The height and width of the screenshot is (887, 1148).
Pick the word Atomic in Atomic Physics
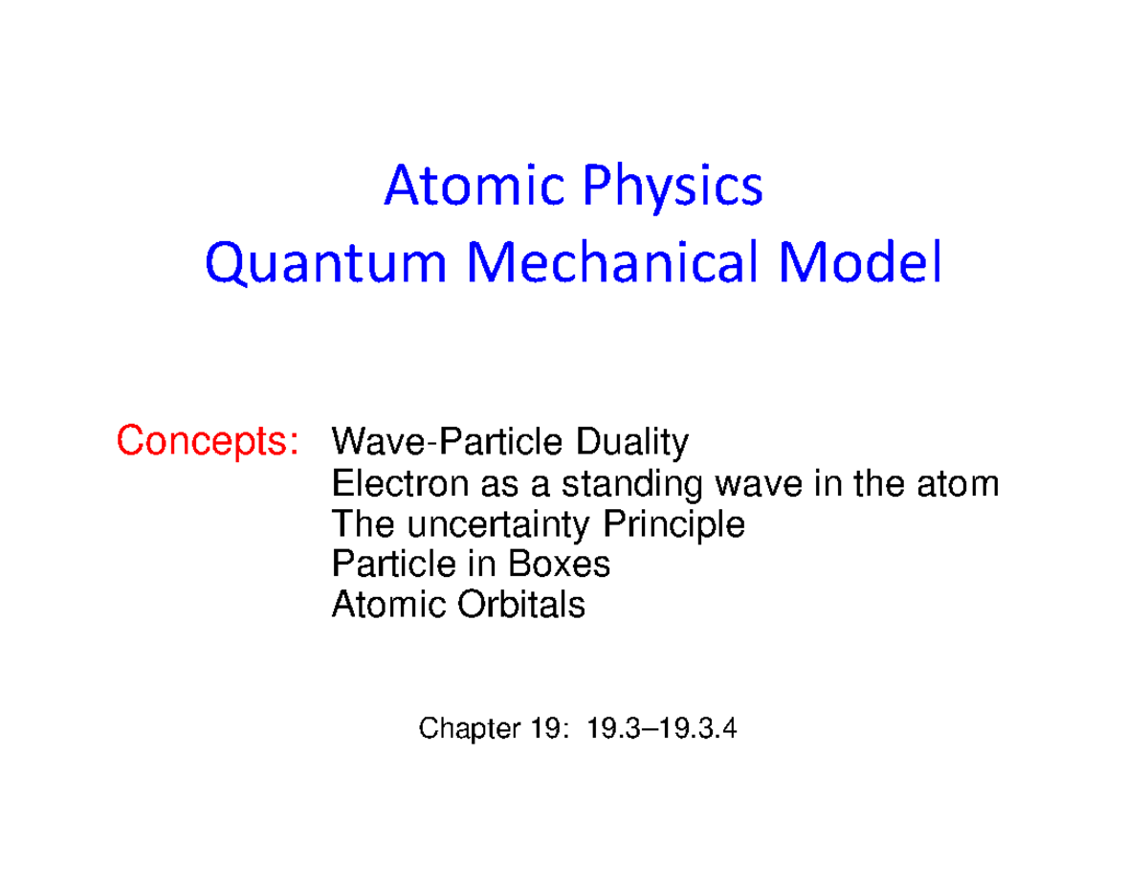pyautogui.click(x=457, y=188)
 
